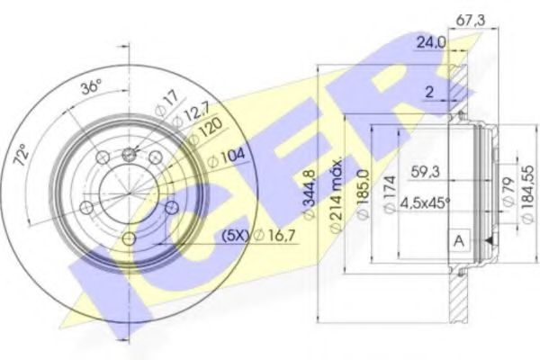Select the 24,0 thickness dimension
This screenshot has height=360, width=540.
(x=431, y=41)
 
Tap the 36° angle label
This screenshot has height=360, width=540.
(x=90, y=88)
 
